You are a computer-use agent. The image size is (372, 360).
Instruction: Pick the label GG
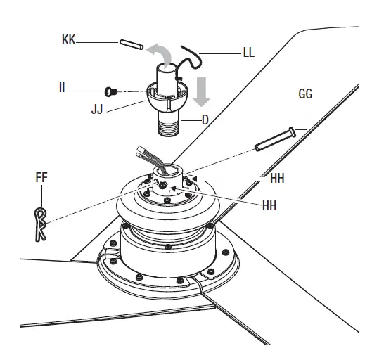(304, 93)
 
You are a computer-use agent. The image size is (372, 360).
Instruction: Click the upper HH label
(277, 179)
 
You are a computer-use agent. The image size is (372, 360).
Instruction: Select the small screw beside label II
(108, 91)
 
